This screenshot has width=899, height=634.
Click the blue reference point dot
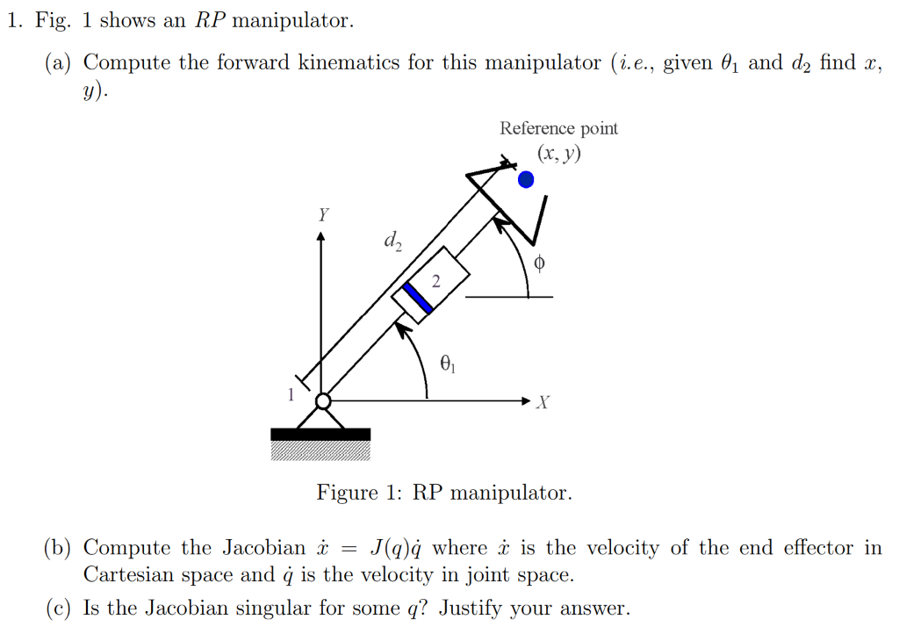(525, 179)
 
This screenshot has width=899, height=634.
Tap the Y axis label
(323, 214)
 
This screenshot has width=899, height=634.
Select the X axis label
(543, 403)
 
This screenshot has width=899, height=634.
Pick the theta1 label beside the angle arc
(448, 362)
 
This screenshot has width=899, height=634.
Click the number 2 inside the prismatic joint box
(435, 280)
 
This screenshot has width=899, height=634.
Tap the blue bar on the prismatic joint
(418, 297)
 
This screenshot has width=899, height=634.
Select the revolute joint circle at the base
(322, 401)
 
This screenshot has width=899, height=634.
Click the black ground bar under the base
(320, 434)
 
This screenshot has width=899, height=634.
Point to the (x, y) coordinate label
(559, 155)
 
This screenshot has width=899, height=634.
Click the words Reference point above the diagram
(558, 128)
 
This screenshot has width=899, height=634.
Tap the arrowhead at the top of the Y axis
(321, 235)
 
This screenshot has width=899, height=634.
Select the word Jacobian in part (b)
(250, 548)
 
